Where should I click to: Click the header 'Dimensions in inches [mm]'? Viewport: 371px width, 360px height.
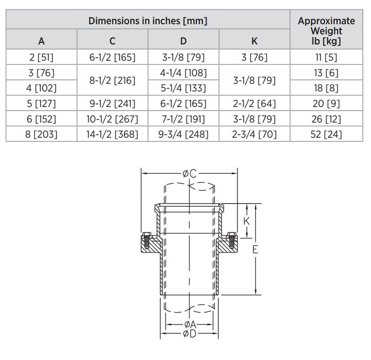pos(148,21)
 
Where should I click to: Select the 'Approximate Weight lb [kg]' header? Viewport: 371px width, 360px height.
pos(326,30)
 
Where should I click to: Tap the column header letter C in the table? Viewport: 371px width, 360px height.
pos(113,40)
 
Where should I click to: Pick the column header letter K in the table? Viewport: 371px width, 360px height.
pos(254,40)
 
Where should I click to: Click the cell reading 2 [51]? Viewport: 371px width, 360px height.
pos(41,58)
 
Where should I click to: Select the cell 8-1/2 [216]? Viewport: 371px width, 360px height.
pos(113,80)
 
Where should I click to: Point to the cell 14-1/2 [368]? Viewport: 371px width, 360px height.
pos(113,135)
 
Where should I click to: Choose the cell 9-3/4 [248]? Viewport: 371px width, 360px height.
pos(183,135)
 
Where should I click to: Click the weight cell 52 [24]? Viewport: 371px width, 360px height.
pos(326,135)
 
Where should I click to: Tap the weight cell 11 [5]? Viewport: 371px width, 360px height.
pos(326,58)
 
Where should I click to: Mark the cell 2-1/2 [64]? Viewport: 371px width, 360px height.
pos(254,104)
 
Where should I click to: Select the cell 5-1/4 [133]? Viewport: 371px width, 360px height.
pos(183,88)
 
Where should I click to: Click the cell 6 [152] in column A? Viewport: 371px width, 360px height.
pos(41,119)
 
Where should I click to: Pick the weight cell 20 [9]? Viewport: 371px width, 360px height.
pos(326,104)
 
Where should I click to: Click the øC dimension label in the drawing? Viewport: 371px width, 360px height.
pos(189,174)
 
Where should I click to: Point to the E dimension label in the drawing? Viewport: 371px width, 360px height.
pos(255,250)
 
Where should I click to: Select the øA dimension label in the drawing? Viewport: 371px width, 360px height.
pos(189,325)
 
